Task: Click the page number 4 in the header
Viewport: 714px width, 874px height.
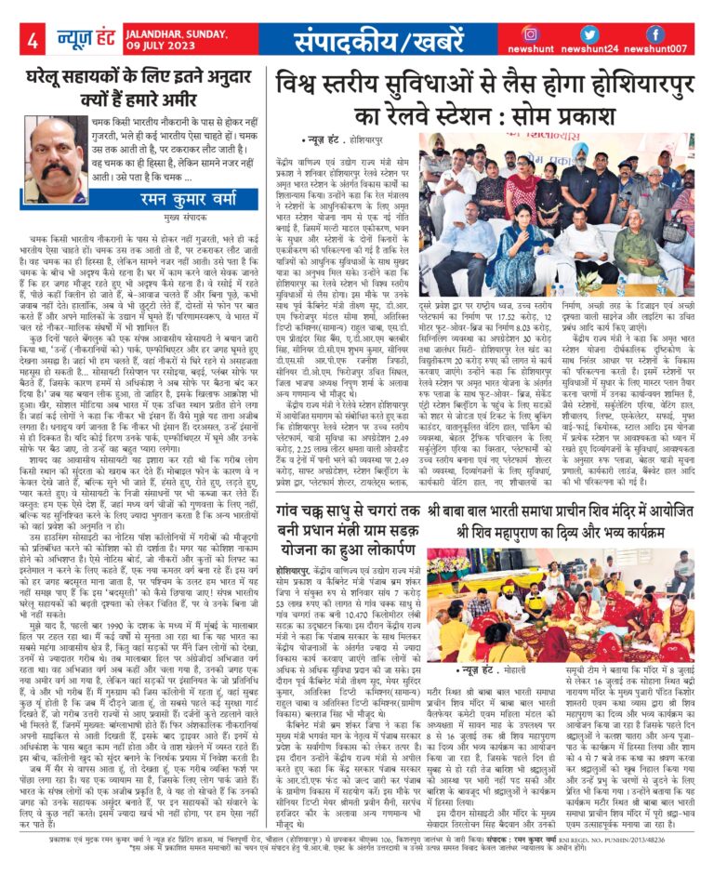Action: (x=33, y=41)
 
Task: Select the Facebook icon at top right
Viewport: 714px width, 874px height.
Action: (x=654, y=34)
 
